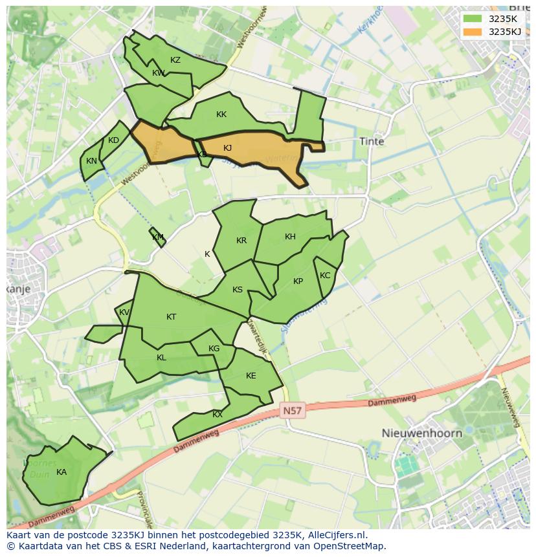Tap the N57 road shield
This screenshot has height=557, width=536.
(293, 411)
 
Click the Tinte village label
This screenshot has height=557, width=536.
(372, 141)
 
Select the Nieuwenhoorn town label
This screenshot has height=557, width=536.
(421, 433)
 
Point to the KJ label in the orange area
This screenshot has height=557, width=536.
(227, 148)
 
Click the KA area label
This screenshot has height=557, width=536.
(61, 472)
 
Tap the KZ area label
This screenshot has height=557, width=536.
(175, 60)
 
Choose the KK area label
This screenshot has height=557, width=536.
(221, 115)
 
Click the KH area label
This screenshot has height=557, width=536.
(290, 237)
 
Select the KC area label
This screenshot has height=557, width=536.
(325, 276)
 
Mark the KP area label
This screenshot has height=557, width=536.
(298, 281)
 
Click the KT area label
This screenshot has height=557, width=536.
(171, 317)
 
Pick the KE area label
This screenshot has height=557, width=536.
(251, 376)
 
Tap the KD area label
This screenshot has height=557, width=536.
(113, 140)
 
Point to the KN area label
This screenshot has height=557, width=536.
(91, 161)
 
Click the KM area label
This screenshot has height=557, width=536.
(158, 237)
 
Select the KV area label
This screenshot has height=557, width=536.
(124, 312)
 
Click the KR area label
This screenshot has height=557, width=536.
(241, 241)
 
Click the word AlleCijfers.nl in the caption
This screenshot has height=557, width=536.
(335, 536)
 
